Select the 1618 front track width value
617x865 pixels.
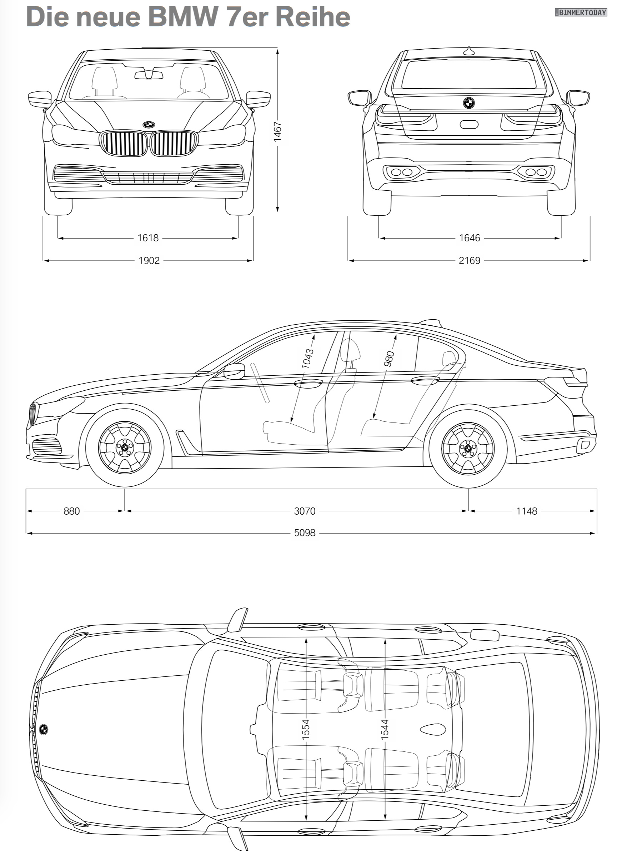pos(148,238)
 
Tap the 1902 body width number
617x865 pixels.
pos(149,261)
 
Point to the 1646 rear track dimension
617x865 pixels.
pos(470,238)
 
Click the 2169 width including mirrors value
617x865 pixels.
pos(470,261)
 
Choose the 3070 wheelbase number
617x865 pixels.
pos(305,511)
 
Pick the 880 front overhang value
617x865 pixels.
pos(72,511)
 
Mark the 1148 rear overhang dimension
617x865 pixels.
pos(527,511)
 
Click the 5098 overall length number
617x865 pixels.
pos(305,533)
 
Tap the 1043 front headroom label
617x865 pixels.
pos(308,358)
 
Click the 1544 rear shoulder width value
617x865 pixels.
pos(385,729)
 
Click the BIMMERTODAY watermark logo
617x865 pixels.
pos(581,12)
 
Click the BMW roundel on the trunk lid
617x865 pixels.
pos(469,102)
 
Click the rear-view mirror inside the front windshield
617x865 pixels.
pos(149,75)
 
